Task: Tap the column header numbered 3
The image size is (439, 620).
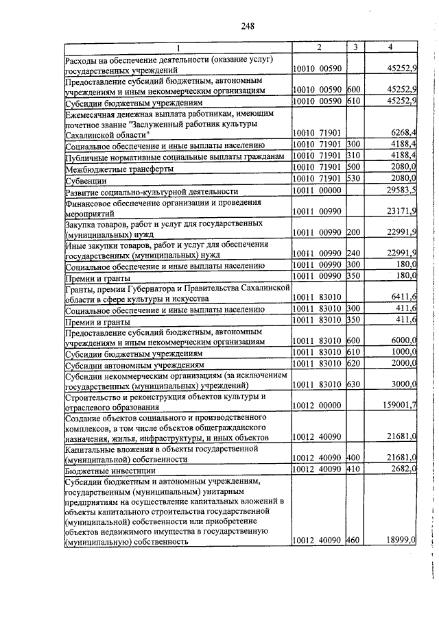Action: pyautogui.click(x=355, y=47)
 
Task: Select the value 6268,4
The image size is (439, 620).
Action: pyautogui.click(x=401, y=132)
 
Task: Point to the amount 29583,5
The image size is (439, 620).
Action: pyautogui.click(x=399, y=190)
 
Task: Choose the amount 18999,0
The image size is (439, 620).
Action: pyautogui.click(x=401, y=541)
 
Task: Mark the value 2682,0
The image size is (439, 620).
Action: pyautogui.click(x=403, y=469)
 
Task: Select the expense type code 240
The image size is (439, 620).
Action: pyautogui.click(x=354, y=253)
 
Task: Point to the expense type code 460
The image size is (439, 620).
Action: pyautogui.click(x=354, y=541)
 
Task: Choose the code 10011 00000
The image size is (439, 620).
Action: pyautogui.click(x=318, y=190)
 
